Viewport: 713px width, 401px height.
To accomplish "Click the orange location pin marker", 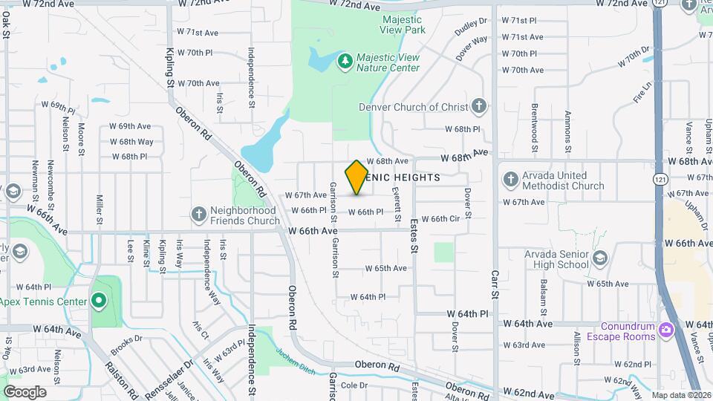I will (356, 177).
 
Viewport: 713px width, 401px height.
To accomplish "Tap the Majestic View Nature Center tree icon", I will (344, 60).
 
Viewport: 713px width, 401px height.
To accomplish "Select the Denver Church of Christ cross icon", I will (479, 105).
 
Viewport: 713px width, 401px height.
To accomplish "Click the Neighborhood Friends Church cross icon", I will (198, 214).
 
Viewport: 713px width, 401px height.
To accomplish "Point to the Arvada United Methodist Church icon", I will (510, 179).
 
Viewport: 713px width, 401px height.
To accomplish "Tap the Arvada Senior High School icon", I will (600, 258).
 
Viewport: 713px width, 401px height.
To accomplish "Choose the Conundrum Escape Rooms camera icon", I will (666, 329).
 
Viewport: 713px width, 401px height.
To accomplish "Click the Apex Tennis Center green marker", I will (98, 300).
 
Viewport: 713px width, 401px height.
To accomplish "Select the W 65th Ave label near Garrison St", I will (385, 268).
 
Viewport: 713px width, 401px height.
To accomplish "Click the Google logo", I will (25, 391).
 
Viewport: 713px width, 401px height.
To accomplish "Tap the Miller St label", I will (99, 209).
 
